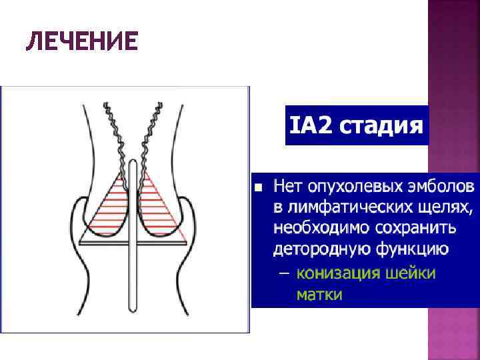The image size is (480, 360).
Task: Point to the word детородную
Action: pyautogui.click(x=320, y=250)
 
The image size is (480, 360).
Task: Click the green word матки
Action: pyautogui.click(x=319, y=294)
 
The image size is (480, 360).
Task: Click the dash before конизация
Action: pyautogui.click(x=284, y=273)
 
